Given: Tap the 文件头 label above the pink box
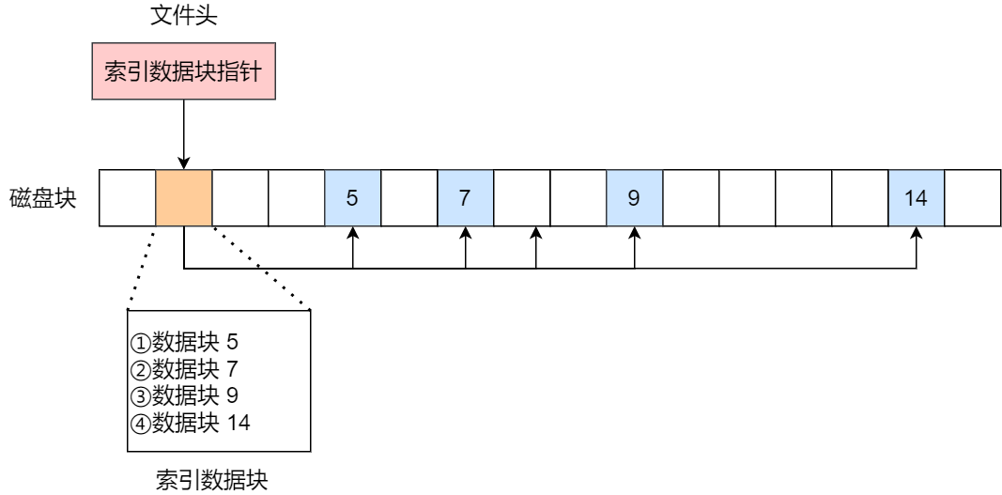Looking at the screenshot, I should [183, 16].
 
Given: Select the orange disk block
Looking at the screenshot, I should [184, 198].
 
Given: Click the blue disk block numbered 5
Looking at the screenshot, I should [353, 198].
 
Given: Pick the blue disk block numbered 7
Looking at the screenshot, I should [466, 198].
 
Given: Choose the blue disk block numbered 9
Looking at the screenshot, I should [635, 198].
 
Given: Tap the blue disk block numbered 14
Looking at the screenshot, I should [917, 198].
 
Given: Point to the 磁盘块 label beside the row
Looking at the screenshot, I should [42, 198].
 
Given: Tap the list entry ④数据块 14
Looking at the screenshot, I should [191, 423].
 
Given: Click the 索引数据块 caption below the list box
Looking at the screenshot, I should [211, 481].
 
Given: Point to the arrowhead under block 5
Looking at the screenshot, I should [353, 233].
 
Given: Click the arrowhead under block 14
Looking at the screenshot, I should [917, 233].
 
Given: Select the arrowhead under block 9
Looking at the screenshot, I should [635, 233].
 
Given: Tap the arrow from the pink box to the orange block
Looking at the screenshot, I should [184, 131].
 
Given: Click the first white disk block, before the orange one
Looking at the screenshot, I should [128, 198].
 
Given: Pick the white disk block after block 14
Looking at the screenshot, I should [973, 198].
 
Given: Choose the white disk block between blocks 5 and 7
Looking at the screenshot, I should [409, 198].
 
